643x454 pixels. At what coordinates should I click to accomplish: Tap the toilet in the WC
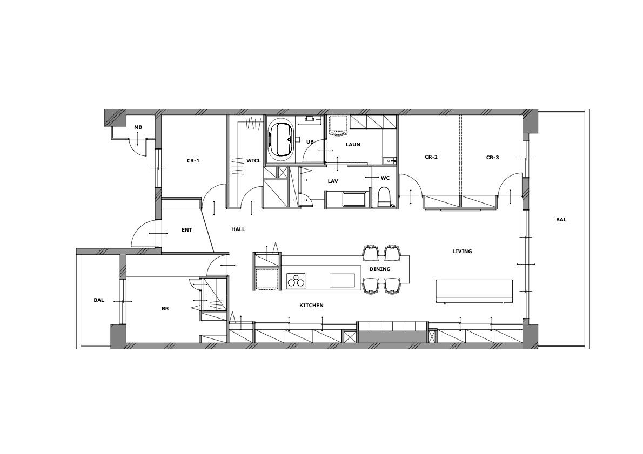click(x=384, y=198)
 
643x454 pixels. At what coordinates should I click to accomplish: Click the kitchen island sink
click(x=343, y=281)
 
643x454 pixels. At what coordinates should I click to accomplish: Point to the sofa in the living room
click(x=474, y=292)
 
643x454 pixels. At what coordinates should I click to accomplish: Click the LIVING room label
click(x=462, y=251)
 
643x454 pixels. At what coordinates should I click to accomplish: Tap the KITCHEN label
click(x=311, y=305)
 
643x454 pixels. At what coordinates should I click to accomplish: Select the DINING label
click(x=380, y=269)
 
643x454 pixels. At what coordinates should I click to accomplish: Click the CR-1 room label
click(x=193, y=161)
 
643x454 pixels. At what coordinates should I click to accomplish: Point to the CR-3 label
click(x=492, y=157)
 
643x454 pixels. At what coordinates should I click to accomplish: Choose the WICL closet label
click(x=253, y=161)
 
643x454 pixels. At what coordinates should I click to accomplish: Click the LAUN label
click(x=353, y=144)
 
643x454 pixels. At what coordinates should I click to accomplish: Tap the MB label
click(x=138, y=127)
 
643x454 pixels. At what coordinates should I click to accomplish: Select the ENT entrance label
click(x=186, y=230)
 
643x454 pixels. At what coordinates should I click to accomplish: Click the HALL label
click(x=238, y=229)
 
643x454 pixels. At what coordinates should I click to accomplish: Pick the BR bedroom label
click(x=165, y=309)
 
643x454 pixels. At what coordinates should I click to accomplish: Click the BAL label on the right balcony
click(x=561, y=219)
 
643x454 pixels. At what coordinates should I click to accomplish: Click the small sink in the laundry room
click(x=388, y=161)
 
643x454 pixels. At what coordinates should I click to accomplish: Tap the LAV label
click(x=333, y=181)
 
